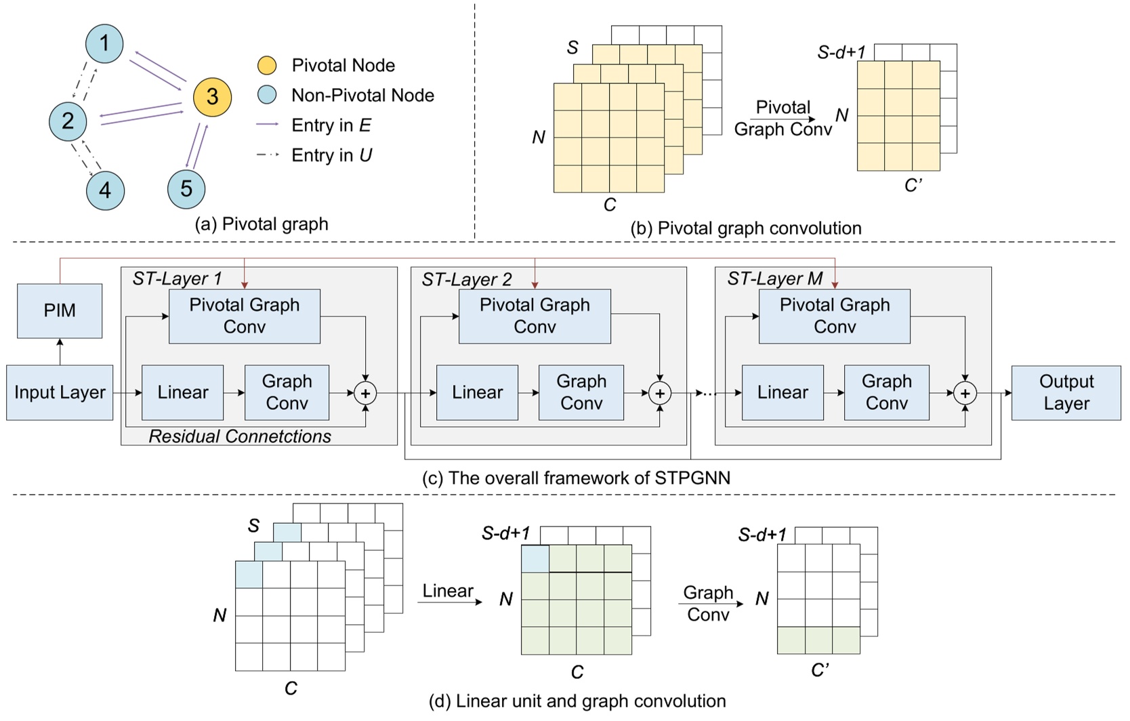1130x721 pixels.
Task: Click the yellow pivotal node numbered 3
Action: coord(212,97)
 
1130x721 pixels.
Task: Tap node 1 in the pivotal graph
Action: coord(104,43)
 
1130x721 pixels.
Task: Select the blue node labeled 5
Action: coord(186,188)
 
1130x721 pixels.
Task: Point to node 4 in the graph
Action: coord(105,190)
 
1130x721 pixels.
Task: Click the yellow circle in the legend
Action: coord(267,65)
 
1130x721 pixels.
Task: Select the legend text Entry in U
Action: coord(331,155)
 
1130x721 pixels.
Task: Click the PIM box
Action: coord(60,310)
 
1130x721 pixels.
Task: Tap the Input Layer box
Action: coord(60,392)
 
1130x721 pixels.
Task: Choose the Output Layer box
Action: coord(1066,392)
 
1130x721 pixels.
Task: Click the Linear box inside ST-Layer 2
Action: coord(477,392)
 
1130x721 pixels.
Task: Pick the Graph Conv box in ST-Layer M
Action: coord(886,392)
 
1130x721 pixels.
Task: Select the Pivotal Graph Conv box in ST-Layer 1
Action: coord(244,316)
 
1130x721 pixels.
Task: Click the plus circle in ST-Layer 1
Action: coord(365,393)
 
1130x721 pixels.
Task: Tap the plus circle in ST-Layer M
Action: coord(965,393)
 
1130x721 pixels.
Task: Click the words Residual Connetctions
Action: coord(240,436)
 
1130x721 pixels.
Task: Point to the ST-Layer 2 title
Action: coord(467,279)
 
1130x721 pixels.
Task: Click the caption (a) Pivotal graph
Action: coord(261,224)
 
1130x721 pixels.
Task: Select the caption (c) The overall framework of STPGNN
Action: coord(576,478)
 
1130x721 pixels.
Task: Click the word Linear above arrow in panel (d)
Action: coord(448,591)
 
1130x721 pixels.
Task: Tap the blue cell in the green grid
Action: coord(535,558)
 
